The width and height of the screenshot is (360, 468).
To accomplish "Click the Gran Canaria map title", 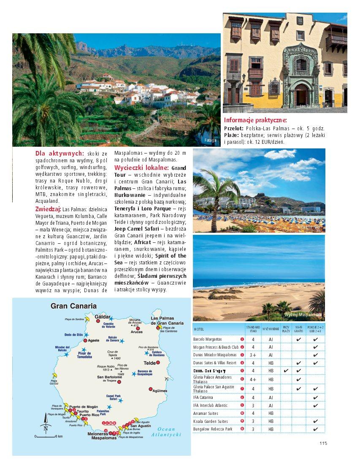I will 73,306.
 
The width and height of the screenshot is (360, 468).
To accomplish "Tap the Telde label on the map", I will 149,363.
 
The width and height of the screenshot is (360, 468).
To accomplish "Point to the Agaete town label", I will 93,340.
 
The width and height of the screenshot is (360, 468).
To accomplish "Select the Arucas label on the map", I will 136,332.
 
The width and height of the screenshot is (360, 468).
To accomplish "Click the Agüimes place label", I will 160,391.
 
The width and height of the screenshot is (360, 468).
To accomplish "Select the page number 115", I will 323,443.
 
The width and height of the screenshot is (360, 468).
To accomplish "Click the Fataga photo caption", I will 210,140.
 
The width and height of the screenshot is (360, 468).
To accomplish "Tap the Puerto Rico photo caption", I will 311,227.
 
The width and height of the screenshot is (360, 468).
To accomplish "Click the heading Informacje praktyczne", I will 255,120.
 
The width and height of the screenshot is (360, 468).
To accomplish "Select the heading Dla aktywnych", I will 60,153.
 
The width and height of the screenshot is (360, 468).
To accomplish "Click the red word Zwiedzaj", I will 48,209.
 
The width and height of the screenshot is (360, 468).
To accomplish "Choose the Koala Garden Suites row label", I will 210,421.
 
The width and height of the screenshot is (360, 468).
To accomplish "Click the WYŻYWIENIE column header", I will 271,329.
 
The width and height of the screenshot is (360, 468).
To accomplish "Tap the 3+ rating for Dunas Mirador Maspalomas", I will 253,355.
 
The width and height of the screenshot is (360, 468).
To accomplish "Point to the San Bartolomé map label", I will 109,377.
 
